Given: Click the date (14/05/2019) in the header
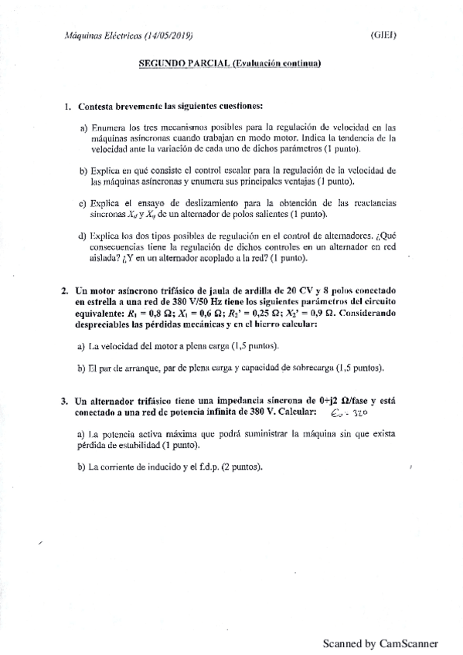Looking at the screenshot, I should pos(164,36).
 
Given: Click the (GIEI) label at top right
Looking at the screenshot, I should pos(383,36).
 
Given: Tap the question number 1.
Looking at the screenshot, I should pos(68,105).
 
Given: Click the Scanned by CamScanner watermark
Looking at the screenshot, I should pos(380,643).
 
